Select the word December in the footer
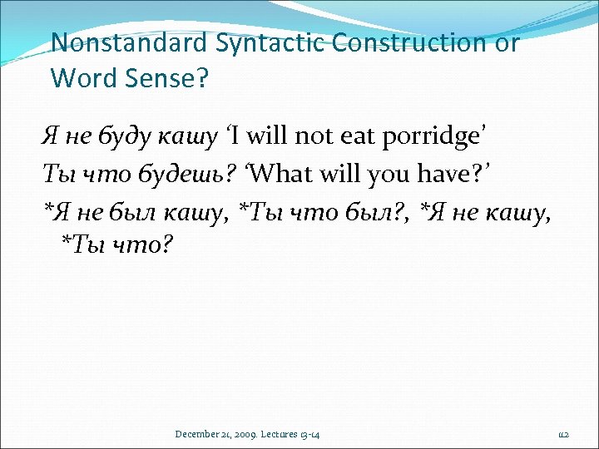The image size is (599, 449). click(x=200, y=434)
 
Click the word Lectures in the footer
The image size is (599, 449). click(x=286, y=434)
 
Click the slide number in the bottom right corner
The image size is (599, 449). click(x=563, y=434)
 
